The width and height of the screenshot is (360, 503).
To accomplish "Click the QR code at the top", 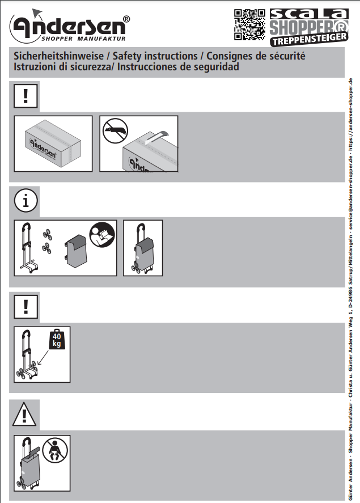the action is click(249, 25).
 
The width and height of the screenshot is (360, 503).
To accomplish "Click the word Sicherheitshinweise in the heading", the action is click(58, 56).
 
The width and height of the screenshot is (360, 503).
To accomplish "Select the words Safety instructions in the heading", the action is click(155, 56).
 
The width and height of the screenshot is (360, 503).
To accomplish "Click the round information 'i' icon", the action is click(26, 201).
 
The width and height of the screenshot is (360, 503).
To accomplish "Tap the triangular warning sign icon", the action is click(24, 415).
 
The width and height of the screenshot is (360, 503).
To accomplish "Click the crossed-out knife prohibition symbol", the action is click(115, 131).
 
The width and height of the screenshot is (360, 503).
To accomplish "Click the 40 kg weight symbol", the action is click(57, 339).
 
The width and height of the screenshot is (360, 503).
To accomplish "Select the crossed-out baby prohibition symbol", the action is click(55, 450).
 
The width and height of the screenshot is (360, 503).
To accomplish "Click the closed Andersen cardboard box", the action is click(53, 143).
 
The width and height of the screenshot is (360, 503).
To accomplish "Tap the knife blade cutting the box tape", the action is click(158, 137).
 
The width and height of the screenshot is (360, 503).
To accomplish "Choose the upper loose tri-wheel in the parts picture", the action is click(48, 234).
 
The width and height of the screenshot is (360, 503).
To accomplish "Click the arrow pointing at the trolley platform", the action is click(43, 357).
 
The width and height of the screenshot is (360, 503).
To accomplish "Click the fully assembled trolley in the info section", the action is click(143, 248).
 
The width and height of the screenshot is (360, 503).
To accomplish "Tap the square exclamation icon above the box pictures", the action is click(26, 96).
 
